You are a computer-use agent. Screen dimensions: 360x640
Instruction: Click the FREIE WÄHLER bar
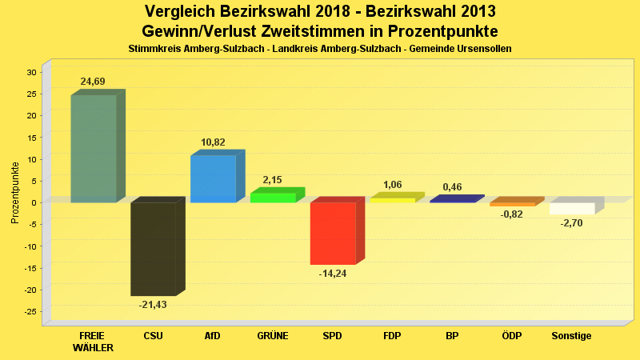[x=94, y=149]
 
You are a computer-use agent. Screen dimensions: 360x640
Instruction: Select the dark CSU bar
[x=154, y=249]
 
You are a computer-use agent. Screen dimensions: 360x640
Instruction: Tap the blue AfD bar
[x=213, y=178]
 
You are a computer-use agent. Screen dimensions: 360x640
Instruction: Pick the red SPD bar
[x=333, y=233]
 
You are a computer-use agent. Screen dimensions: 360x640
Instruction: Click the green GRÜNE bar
[x=273, y=197]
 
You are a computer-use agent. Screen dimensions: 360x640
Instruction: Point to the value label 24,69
[x=93, y=82]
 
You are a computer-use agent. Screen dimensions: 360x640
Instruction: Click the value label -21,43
[x=153, y=305]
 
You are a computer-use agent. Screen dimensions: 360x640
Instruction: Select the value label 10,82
[x=213, y=142]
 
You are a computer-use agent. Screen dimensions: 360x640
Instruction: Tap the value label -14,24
[x=332, y=274]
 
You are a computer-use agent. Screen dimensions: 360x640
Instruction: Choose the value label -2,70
[x=571, y=224]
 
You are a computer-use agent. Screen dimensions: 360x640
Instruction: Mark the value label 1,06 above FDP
[x=392, y=186]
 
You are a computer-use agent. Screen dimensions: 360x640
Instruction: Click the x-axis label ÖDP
[x=512, y=336]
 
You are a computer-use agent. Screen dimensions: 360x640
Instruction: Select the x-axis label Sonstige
[x=571, y=336]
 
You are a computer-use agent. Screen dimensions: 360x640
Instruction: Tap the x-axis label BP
[x=452, y=336]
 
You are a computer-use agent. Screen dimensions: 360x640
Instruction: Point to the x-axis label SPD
[x=332, y=336]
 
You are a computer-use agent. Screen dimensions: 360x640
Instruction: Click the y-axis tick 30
[x=31, y=72]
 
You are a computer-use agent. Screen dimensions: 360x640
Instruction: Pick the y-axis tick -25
[x=30, y=311]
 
